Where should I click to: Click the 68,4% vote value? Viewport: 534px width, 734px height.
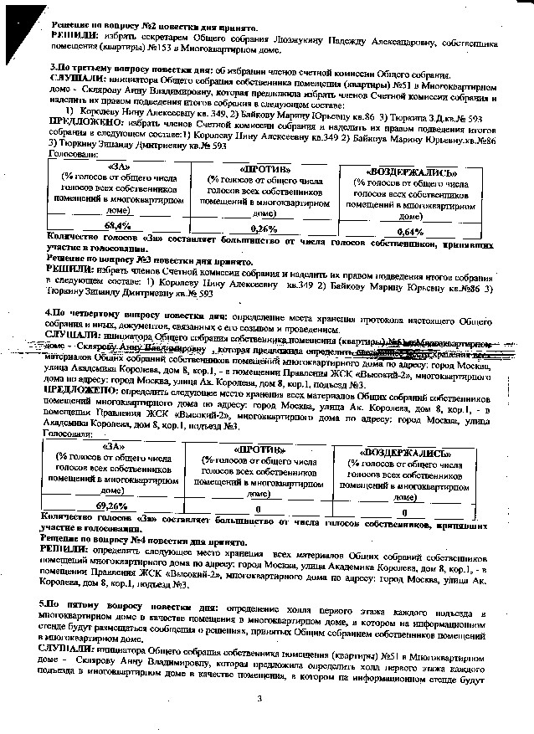point(117,226)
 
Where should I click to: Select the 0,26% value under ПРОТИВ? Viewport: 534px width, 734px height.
point(264,228)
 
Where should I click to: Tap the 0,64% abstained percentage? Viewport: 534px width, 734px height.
point(410,231)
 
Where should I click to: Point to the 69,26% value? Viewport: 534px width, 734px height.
point(112,506)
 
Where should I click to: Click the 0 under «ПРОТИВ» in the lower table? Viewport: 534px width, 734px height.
point(258,509)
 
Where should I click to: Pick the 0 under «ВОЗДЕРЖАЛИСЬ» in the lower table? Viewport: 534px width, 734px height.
point(404,511)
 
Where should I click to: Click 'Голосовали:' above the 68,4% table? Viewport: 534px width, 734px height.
point(72,156)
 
